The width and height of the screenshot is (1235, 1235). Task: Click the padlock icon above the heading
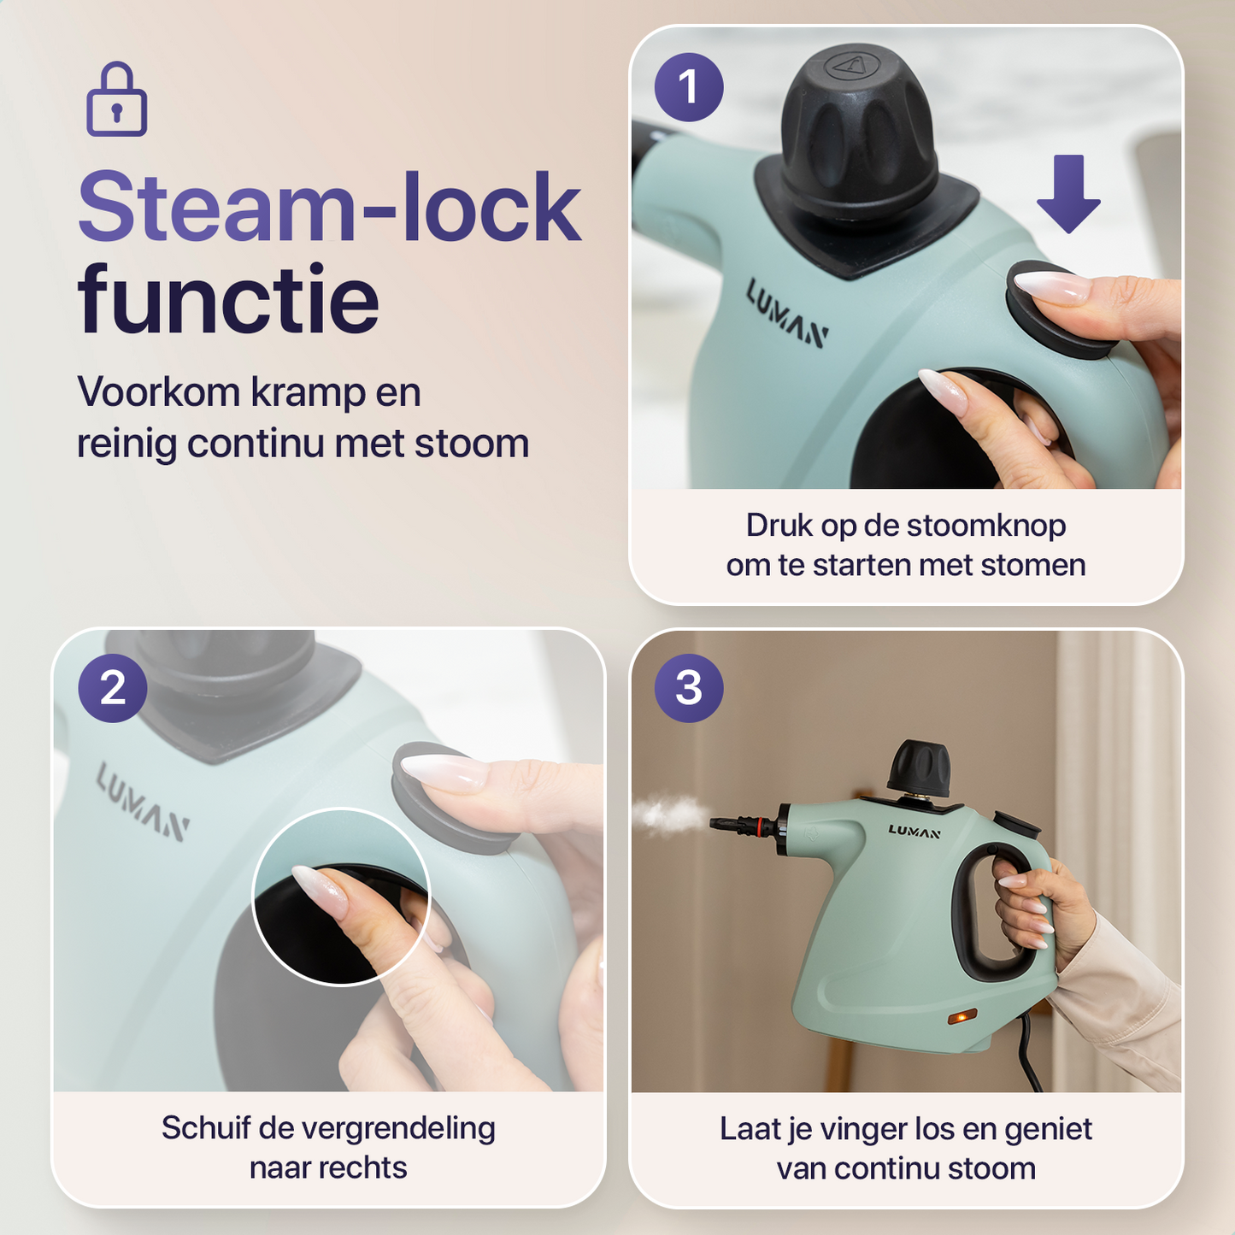[x=117, y=100]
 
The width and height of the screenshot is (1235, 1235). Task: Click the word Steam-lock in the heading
[x=329, y=208]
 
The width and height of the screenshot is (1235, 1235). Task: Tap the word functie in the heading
[x=228, y=300]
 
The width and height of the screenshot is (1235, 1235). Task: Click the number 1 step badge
[x=689, y=87]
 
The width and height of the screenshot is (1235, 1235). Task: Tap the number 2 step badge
[x=113, y=689]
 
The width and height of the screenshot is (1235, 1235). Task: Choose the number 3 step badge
[x=689, y=689]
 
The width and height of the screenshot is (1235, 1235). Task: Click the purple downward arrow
[x=1068, y=193]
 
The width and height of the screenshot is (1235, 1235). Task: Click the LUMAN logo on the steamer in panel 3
[x=914, y=832]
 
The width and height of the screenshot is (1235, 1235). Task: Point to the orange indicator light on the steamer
[x=962, y=1017]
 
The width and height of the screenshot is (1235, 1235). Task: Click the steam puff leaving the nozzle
[x=672, y=815]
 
